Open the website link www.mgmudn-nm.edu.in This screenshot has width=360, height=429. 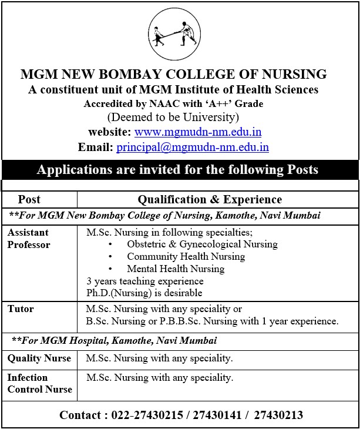[x=198, y=132]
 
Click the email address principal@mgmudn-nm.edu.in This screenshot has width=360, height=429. [x=193, y=147]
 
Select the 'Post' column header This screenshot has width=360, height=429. [x=29, y=199]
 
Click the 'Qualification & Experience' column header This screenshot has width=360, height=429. [x=210, y=199]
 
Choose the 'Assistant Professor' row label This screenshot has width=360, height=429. [x=29, y=239]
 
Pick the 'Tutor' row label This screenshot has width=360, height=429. [x=21, y=309]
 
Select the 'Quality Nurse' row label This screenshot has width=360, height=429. [x=39, y=358]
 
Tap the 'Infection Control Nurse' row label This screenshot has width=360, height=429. [x=39, y=383]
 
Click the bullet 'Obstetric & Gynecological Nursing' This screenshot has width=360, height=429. [x=202, y=244]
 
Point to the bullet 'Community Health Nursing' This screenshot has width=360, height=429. [x=186, y=256]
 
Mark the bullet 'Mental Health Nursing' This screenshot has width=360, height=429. [x=176, y=269]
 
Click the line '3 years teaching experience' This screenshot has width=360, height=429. [x=144, y=281]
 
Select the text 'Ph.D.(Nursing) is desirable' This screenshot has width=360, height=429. [x=144, y=293]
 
